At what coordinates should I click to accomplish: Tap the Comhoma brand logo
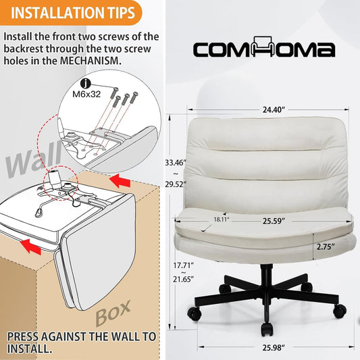click(x=264, y=47)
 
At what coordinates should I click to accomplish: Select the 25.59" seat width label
click(x=274, y=221)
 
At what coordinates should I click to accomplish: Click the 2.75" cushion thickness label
click(x=326, y=247)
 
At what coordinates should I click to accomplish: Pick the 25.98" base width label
click(x=274, y=348)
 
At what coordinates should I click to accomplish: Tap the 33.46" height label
click(x=176, y=163)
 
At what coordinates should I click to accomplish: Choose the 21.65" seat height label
click(x=183, y=280)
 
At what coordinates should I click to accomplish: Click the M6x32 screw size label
click(x=86, y=94)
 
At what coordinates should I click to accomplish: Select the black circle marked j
click(x=86, y=84)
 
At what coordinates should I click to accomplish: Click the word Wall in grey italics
click(x=34, y=159)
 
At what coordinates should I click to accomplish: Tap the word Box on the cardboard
click(x=113, y=313)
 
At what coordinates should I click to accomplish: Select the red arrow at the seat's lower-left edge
click(x=30, y=246)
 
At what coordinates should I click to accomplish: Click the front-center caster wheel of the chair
click(x=267, y=328)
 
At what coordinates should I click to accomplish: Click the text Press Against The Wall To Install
click(x=82, y=343)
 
